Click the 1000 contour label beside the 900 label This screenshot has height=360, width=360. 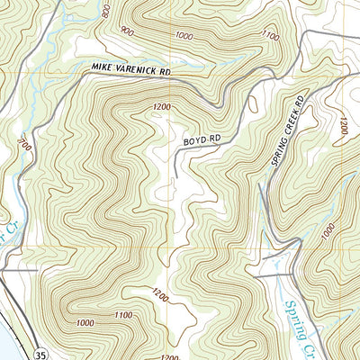(x=185, y=35)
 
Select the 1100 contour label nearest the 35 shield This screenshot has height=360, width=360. (x=123, y=314)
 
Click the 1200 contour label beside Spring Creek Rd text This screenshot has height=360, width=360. (x=342, y=129)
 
